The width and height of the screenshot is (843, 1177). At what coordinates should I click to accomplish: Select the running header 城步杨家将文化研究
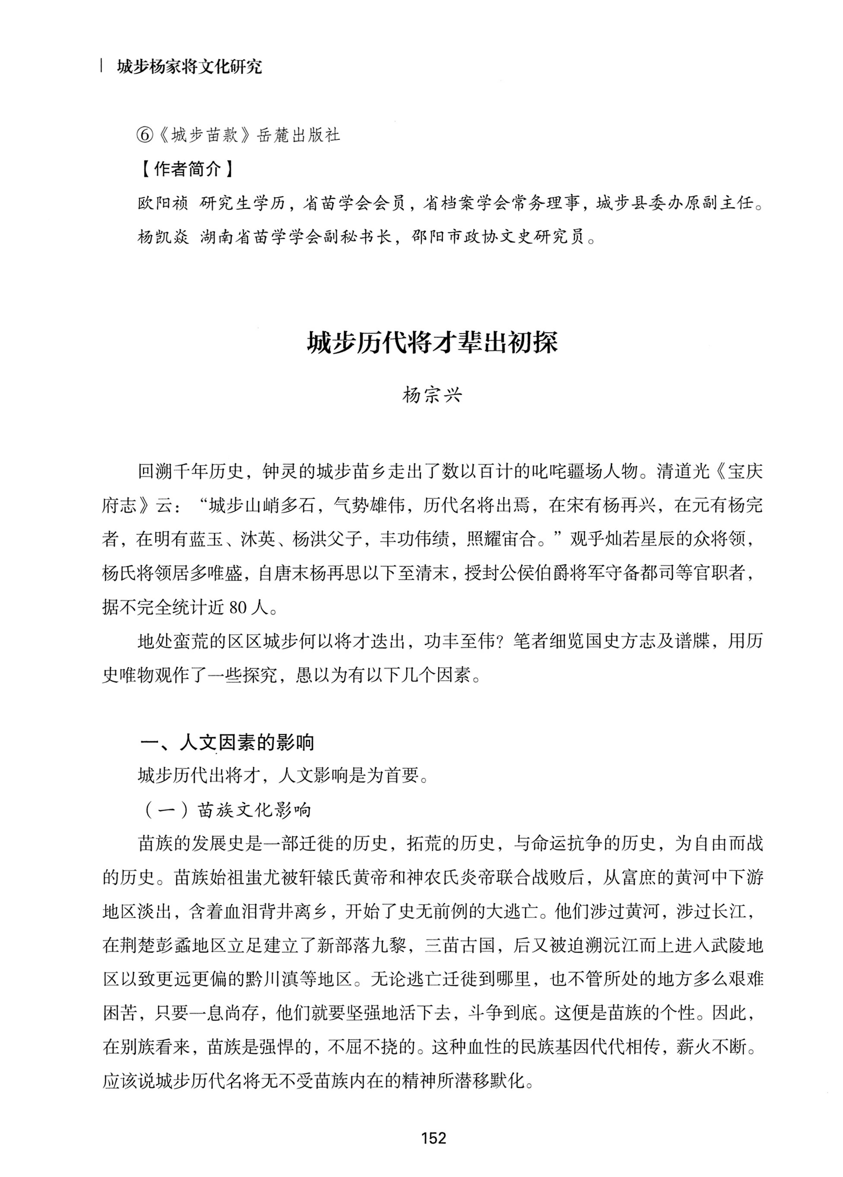click(x=189, y=67)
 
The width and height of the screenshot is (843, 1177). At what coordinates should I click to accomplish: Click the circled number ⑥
click(x=145, y=135)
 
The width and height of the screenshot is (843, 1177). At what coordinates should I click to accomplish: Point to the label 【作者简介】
click(x=187, y=169)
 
